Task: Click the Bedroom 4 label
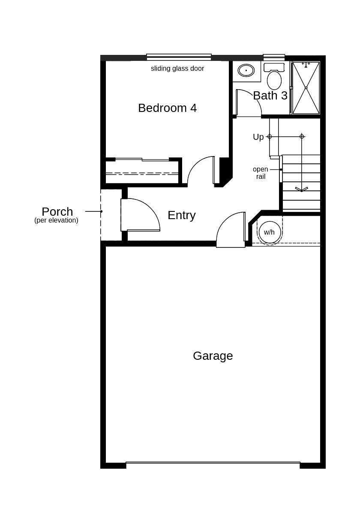167,108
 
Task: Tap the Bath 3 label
270,96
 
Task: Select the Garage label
213,356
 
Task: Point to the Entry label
181,215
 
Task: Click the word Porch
57,211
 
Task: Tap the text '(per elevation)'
56,220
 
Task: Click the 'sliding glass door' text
177,69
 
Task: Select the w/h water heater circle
270,232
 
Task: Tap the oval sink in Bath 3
246,70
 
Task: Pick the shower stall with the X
306,88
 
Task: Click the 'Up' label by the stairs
258,137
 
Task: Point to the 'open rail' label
260,173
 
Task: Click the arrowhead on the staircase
301,189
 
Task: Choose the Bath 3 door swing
248,103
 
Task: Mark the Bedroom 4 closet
142,172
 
